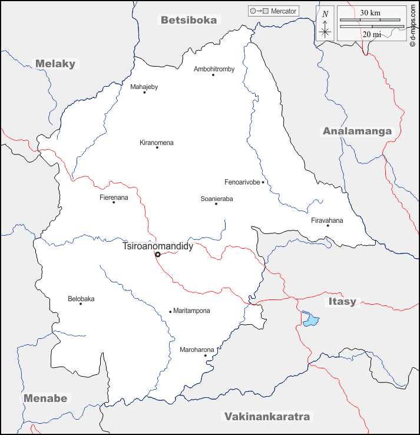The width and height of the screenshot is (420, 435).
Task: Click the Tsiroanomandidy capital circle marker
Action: coord(158,255)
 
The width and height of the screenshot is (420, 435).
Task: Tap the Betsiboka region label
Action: coord(188,20)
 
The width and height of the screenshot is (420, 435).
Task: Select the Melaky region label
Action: coord(56,64)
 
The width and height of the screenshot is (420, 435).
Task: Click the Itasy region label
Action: coord(342,302)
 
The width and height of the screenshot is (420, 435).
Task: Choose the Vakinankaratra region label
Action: coord(267,417)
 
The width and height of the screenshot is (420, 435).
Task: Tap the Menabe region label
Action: coord(45,398)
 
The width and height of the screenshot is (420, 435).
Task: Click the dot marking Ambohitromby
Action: coord(213,75)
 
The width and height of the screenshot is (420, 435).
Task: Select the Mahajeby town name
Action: coord(144,87)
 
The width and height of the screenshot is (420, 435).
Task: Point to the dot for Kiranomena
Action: coord(157,147)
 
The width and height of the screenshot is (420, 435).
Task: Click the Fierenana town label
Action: coord(114,197)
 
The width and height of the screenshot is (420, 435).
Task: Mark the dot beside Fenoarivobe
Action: coord(263,183)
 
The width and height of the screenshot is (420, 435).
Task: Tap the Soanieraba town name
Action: coord(217,199)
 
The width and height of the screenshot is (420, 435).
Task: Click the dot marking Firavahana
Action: coord(328,226)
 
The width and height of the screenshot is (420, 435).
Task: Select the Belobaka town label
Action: coord(81,299)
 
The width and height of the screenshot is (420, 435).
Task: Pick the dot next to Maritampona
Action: coord(170,312)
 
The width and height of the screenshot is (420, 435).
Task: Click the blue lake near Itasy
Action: coord(310,319)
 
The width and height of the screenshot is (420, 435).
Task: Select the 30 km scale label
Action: coord(371,12)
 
